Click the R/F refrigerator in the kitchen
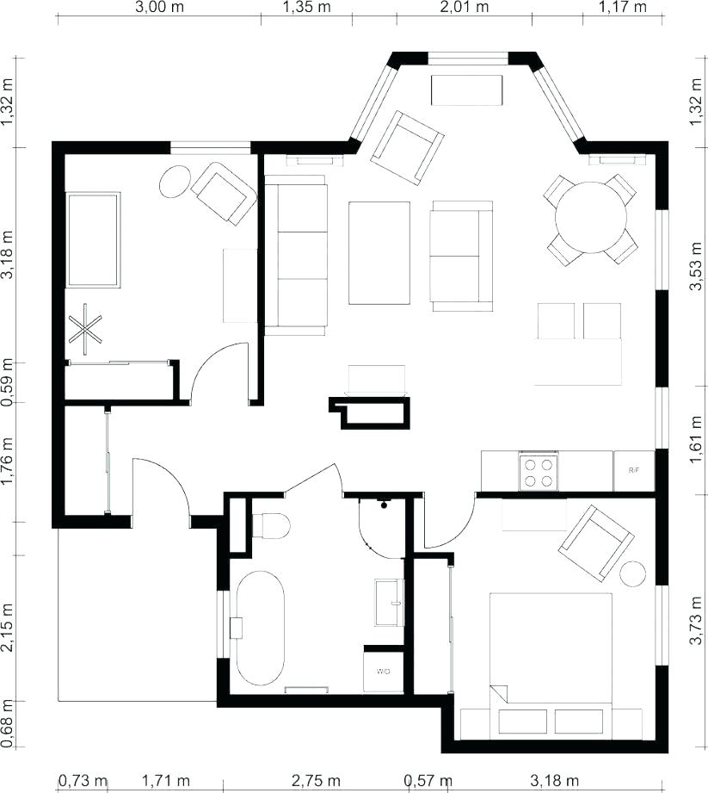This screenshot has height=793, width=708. tap(634, 470)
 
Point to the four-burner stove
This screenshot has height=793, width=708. tap(539, 472)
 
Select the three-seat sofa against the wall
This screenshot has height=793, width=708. tap(296, 255)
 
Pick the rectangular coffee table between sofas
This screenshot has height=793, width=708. tap(379, 252)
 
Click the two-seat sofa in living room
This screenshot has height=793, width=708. tap(462, 256)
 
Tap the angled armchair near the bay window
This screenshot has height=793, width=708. tap(407, 147)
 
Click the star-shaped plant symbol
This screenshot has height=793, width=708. tap(86, 328)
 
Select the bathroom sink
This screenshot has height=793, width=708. tap(389, 601)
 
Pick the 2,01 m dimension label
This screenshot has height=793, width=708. tap(464, 8)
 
